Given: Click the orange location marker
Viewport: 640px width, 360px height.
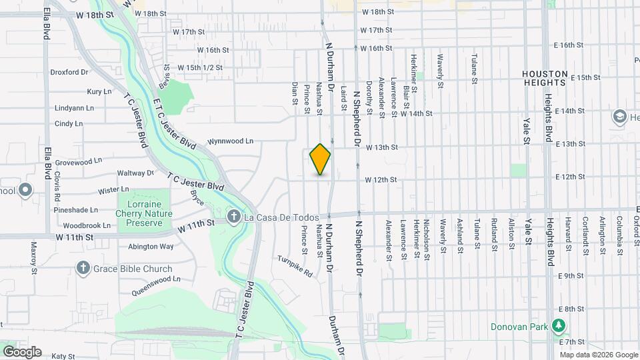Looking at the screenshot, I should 320,159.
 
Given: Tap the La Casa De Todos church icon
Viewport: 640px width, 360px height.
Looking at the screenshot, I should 233,216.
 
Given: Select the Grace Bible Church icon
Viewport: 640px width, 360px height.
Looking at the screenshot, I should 83,269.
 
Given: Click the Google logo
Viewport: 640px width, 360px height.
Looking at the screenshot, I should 21,352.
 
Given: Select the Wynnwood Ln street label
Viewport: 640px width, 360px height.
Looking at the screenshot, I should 231,141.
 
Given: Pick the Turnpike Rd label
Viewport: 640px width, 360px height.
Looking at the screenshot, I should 295,266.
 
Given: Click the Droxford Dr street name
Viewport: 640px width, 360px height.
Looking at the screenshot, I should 69,72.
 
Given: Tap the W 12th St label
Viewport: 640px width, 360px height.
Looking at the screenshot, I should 381,180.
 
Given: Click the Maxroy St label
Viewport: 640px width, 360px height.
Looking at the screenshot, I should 33,253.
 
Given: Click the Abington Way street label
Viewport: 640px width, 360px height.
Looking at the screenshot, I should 151,247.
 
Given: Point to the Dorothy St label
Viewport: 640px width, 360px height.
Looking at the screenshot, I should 368,96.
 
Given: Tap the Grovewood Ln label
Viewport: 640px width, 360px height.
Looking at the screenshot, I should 79,161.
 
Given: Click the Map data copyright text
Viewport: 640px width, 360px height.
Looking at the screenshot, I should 598,355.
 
